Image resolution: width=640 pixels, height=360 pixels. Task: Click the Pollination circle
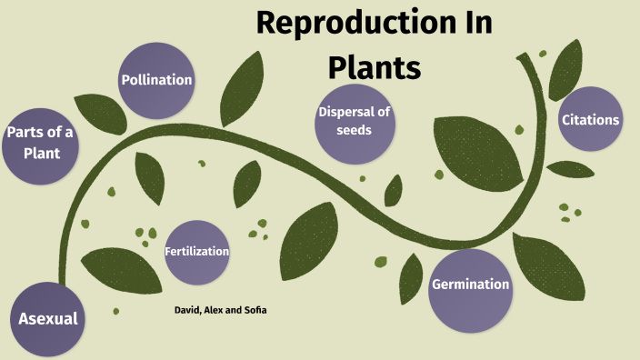pos(156,80)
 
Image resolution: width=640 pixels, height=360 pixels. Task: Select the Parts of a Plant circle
pos(39,143)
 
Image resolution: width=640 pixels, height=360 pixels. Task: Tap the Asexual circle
pos(47,319)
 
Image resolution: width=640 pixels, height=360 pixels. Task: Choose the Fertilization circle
pos(196,251)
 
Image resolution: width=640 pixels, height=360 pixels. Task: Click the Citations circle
pos(590,120)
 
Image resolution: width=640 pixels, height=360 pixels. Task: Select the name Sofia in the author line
pos(254,310)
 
